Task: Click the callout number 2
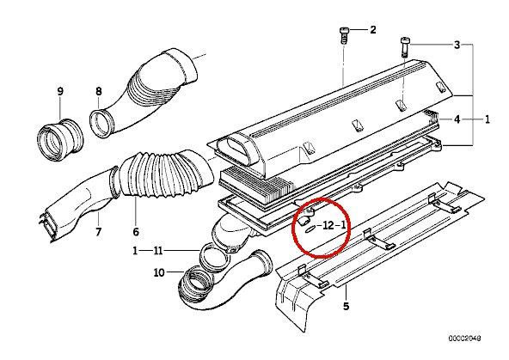pos(373,30)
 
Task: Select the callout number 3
pos(457,45)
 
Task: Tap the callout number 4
pos(457,119)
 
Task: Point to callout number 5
pos(346,306)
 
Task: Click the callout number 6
pos(136,232)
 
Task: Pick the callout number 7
pos(98,232)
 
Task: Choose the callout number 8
pos(99,91)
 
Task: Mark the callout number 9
pos(60,91)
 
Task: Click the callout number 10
pos(159,272)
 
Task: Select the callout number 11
pos(158,251)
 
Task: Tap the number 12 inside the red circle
pos(328,225)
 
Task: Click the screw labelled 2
pos(344,35)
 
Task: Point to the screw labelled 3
pos(405,47)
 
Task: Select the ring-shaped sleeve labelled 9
pos(60,139)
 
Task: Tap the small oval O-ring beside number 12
pos(310,229)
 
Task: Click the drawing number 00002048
pos(465,339)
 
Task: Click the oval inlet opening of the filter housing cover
pos(236,151)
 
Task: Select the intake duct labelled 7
pos(79,204)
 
